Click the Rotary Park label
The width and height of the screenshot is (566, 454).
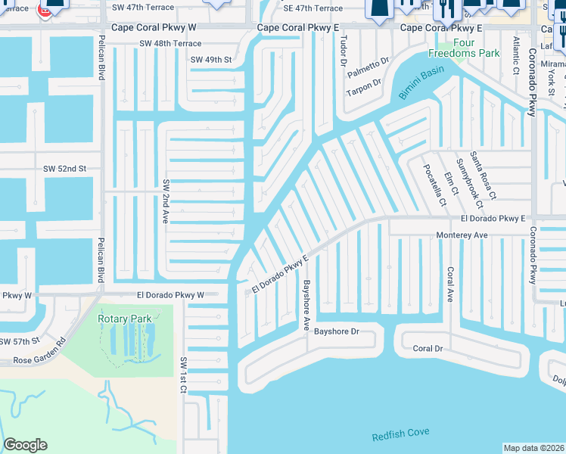(125, 319)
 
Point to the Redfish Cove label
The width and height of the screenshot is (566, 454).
(401, 437)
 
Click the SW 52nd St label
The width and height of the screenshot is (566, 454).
(65, 168)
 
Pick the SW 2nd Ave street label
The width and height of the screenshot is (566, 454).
(165, 201)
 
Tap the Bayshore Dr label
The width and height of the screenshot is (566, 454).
(336, 331)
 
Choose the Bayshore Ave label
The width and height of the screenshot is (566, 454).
(307, 305)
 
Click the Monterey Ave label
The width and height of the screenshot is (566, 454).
(462, 235)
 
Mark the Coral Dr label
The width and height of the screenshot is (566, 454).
(428, 349)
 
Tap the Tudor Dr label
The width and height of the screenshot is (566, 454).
(343, 51)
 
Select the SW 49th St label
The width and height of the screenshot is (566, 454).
(211, 59)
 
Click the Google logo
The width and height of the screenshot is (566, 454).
(25, 445)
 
